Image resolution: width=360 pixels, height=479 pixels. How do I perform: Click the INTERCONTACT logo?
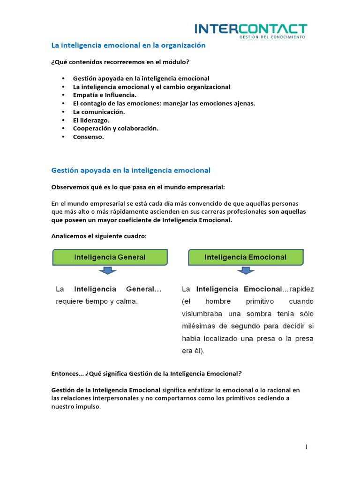251,29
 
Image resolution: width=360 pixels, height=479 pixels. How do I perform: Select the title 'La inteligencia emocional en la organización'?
128,45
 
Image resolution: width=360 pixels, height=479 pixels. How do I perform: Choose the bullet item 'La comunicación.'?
99,112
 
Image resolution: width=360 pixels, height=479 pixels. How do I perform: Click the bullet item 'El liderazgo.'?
91,120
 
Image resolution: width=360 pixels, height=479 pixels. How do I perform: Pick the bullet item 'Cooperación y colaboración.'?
116,128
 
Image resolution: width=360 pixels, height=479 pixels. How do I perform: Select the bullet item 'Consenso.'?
88,137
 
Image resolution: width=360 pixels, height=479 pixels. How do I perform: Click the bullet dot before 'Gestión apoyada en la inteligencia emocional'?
63,79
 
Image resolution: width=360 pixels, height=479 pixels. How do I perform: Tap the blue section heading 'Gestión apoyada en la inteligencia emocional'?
130,170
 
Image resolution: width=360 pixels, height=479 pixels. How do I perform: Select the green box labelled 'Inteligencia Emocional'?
246,257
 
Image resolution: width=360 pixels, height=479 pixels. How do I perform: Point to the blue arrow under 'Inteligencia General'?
108,271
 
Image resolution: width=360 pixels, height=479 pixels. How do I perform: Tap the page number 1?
307,447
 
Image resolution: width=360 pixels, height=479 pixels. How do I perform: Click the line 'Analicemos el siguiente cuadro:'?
98,236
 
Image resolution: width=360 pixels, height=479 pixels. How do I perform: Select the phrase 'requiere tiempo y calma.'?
97,302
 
